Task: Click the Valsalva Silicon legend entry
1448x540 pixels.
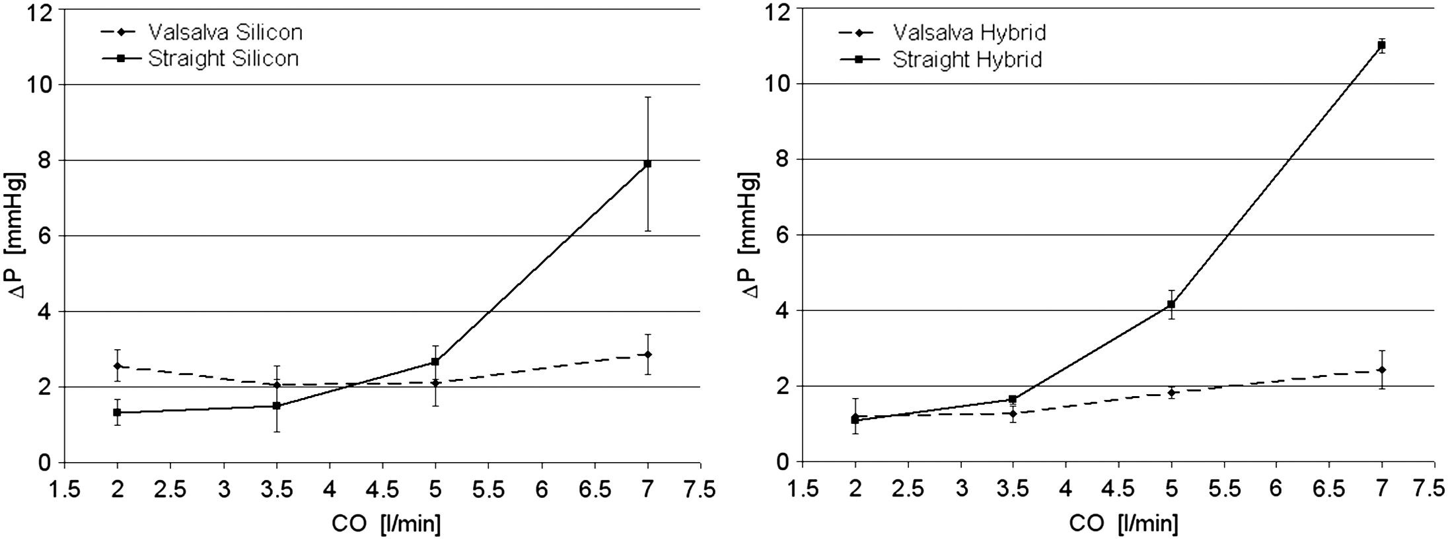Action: pos(225,32)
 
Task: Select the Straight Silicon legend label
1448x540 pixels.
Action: pos(223,58)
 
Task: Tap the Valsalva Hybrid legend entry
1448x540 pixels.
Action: pos(969,32)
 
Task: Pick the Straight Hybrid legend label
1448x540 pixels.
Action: pos(967,59)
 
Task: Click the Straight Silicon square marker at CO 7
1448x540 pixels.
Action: pos(648,163)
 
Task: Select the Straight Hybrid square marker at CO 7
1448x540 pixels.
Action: pos(1381,45)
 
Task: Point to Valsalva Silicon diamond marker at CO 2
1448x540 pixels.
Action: pos(118,366)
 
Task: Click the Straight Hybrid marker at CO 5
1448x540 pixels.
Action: pos(1171,304)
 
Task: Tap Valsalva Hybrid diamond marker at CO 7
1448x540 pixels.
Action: pos(1381,370)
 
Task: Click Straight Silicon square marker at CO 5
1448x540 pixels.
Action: pos(435,362)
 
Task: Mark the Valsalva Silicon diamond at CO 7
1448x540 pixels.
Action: pos(648,354)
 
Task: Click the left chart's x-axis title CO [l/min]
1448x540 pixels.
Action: pos(386,523)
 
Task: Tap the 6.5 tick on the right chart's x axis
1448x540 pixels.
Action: pos(1328,489)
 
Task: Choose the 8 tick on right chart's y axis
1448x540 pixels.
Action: pos(782,159)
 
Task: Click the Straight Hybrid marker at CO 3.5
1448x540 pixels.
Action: pos(1012,399)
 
